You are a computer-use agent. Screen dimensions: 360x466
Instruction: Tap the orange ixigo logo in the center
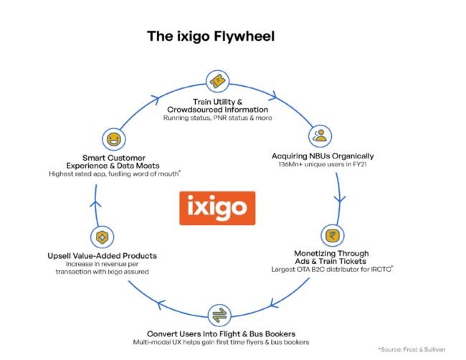point(217,208)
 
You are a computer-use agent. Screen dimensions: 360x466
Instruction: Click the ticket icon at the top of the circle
point(217,80)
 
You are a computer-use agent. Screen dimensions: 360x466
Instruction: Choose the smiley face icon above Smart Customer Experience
point(111,138)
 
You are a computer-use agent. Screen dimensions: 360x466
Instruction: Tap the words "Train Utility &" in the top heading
point(217,98)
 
